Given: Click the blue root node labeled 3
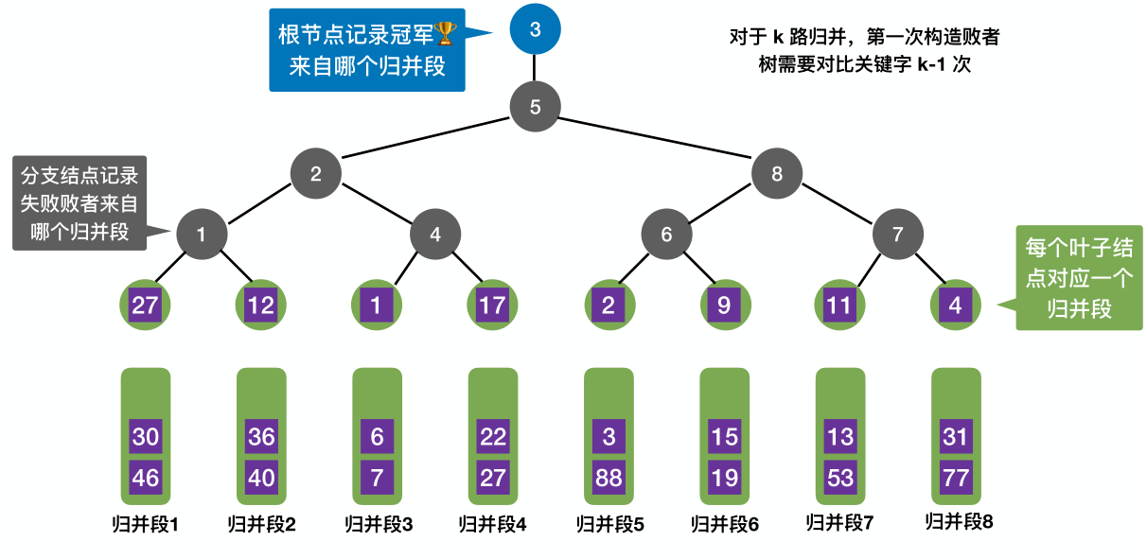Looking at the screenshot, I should click(535, 29).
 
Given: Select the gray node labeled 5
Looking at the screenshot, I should click(535, 106).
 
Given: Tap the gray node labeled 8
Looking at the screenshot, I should click(777, 173).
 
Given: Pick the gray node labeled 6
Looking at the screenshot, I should click(666, 234).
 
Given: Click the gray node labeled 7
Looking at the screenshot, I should click(898, 234).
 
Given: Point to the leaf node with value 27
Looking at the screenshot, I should click(145, 306).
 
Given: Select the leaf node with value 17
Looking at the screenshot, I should click(492, 306).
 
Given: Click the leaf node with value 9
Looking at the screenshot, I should click(724, 306).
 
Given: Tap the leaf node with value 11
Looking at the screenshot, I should click(840, 306).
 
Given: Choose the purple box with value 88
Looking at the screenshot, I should click(609, 478).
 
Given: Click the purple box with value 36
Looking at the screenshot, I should click(260, 438).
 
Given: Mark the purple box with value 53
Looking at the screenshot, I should click(840, 478).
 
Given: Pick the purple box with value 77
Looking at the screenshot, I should click(956, 478).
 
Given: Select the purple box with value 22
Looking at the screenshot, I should click(492, 438).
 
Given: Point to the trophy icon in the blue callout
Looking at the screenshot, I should click(446, 35).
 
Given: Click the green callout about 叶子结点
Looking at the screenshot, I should click(1079, 277).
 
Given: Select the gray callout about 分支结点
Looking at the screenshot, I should click(79, 203).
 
